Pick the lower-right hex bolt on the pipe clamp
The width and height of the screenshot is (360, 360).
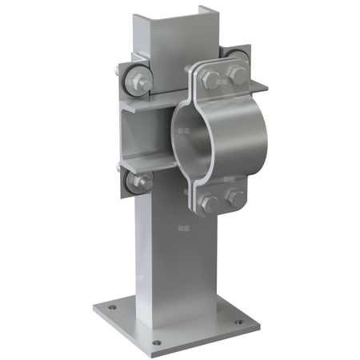click(235, 197)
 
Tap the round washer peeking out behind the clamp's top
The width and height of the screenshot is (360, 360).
click(234, 58)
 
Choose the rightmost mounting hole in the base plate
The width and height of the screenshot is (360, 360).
click(237, 322)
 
